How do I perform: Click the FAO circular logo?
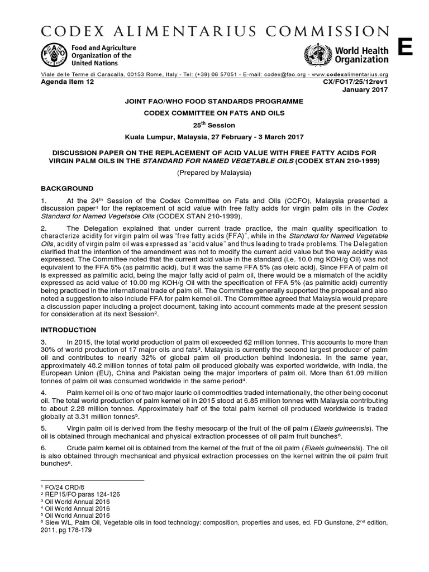click(51, 55)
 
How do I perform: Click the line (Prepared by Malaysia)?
click(214, 173)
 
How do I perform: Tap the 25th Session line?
click(214, 125)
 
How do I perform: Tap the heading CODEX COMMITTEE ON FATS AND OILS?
click(214, 113)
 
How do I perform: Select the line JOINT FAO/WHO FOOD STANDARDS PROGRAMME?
click(214, 102)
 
